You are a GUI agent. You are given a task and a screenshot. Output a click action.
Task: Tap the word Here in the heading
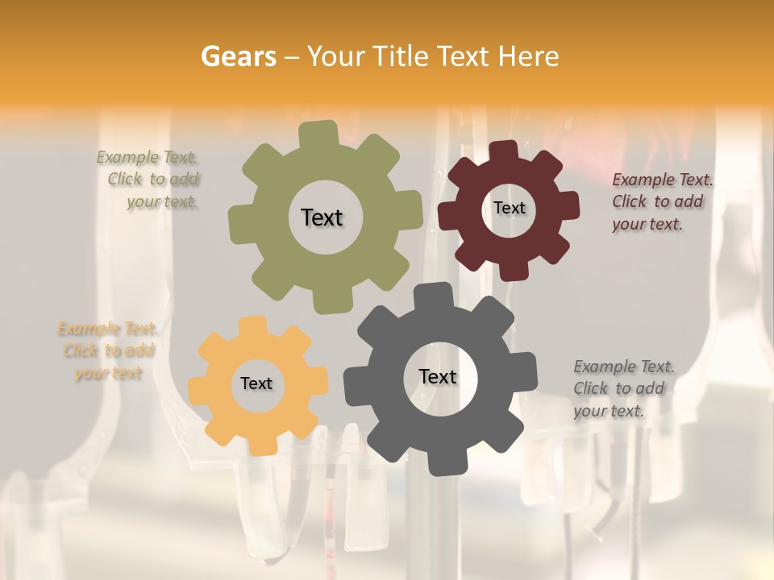(528, 56)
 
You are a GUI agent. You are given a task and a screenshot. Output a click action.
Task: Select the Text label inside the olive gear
(322, 217)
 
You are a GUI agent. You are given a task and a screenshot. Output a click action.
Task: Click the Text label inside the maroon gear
(509, 208)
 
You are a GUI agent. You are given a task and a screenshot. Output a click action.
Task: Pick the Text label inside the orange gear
(256, 384)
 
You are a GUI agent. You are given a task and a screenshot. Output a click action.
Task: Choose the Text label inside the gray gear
(438, 376)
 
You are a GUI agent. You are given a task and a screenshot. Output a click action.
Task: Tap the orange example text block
(108, 351)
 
